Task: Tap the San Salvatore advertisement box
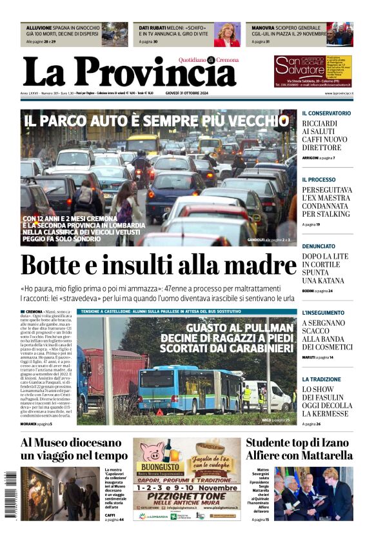(313, 71)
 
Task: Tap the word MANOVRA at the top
(263, 28)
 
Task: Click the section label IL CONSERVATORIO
(326, 113)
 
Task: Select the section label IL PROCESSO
(319, 179)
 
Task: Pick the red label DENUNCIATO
(319, 246)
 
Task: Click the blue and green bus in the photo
(189, 390)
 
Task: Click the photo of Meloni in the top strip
(226, 34)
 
